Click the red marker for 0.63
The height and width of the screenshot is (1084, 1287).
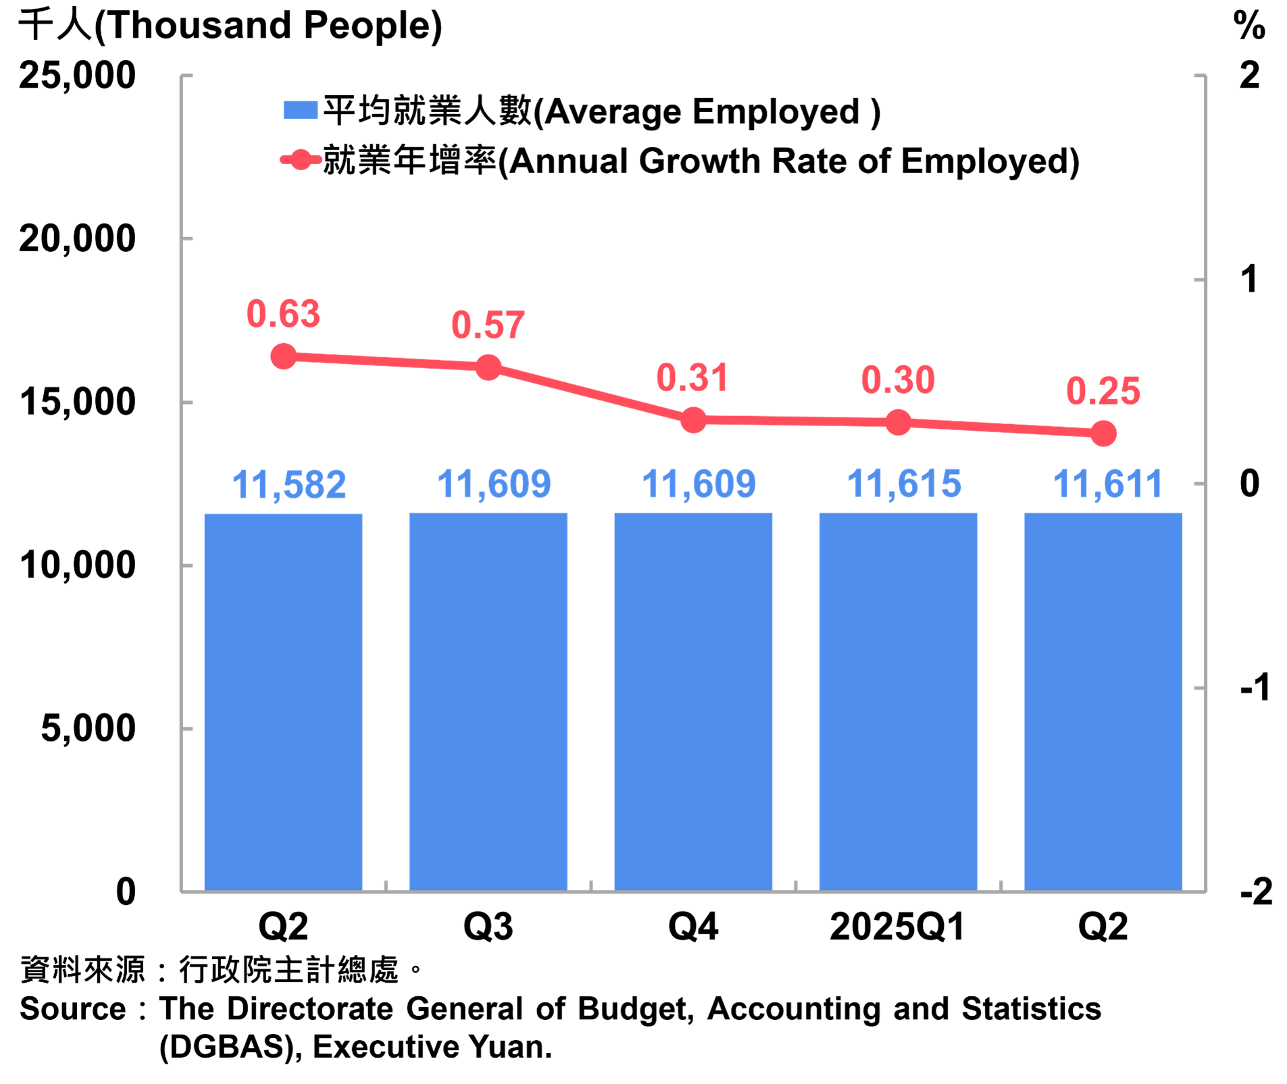click(x=283, y=356)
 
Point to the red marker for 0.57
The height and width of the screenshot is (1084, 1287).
click(x=488, y=367)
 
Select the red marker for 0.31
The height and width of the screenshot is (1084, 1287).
click(x=693, y=420)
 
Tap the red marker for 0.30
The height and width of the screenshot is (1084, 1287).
click(x=898, y=422)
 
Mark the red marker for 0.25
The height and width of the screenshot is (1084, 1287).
click(x=1103, y=433)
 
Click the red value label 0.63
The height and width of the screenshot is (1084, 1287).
click(x=283, y=314)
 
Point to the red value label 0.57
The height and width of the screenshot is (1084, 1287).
click(x=488, y=325)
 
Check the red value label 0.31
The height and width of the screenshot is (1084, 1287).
click(x=692, y=378)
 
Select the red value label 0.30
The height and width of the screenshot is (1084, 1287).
click(x=898, y=380)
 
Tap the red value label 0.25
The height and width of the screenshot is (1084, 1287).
click(x=1103, y=391)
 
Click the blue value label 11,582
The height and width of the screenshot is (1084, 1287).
click(x=289, y=485)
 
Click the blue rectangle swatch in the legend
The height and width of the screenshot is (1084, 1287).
click(x=301, y=109)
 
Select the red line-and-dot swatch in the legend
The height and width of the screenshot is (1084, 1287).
click(x=301, y=159)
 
